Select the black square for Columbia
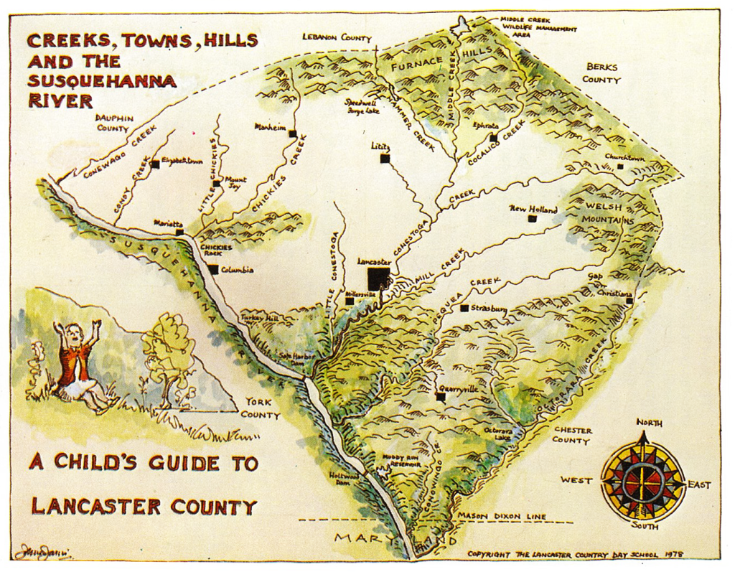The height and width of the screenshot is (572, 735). coord(213,270)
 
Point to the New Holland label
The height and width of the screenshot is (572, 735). coord(533,209)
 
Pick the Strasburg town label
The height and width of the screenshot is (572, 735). coord(490,309)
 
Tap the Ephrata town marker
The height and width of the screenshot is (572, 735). coord(493,138)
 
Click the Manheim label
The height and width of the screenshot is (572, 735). coord(271,126)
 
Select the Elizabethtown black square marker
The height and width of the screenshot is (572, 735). coord(154,164)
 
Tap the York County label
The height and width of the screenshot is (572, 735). coord(260,408)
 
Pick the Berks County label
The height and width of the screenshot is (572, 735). coord(602,73)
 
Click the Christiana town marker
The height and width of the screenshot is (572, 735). coord(629,301)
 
